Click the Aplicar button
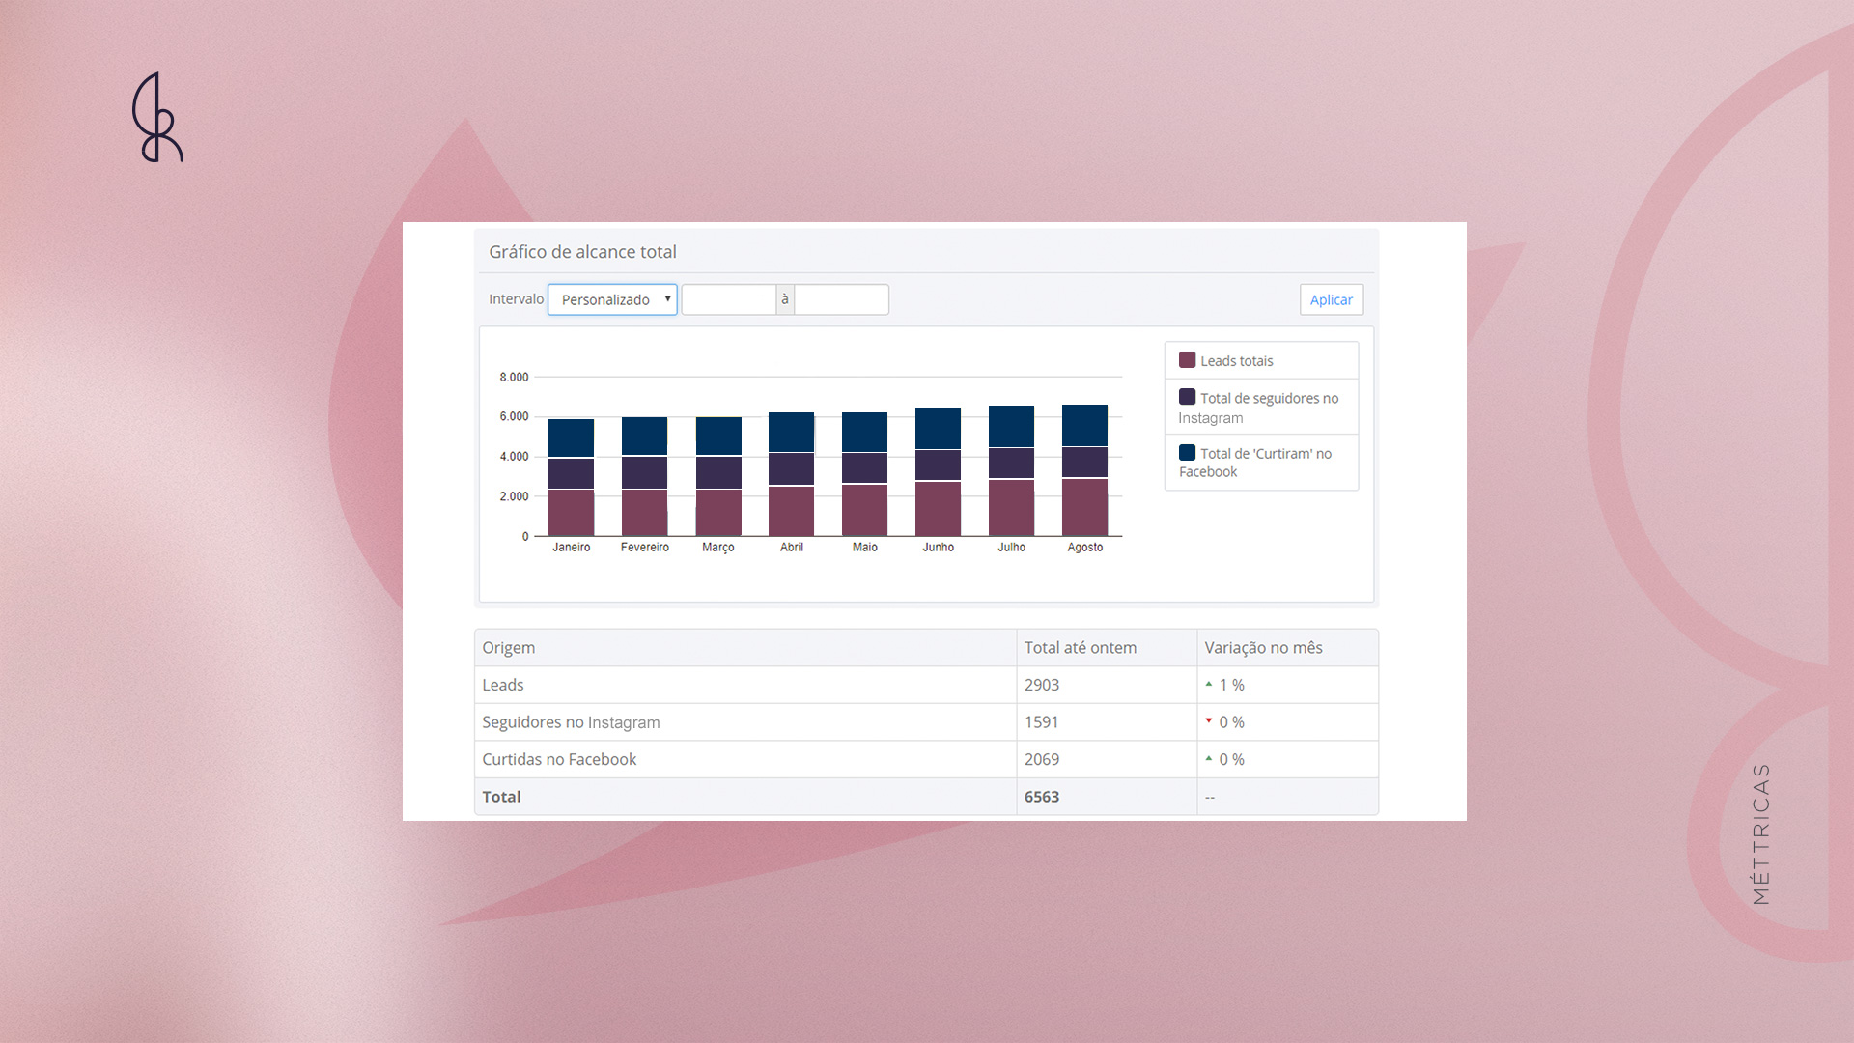pos(1331,299)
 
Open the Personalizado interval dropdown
pos(612,299)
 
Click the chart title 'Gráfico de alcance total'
pos(582,252)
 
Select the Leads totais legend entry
pos(1226,360)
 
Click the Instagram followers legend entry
pos(1258,407)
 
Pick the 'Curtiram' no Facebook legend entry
pos(1255,462)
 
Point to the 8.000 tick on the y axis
pos(514,377)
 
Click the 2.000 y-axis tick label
pos(514,496)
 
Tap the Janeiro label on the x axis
pos(572,547)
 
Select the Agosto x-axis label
pos(1085,547)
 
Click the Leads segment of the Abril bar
pos(791,511)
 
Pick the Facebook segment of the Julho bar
pos(1011,426)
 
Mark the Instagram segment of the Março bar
pos(718,472)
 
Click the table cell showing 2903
pos(1042,685)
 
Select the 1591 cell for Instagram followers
pos(1041,722)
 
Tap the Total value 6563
pos(1042,797)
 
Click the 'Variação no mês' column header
pos(1263,648)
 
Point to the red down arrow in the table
pos(1208,720)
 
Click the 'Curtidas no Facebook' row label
pos(559,759)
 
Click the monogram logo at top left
pos(157,118)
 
